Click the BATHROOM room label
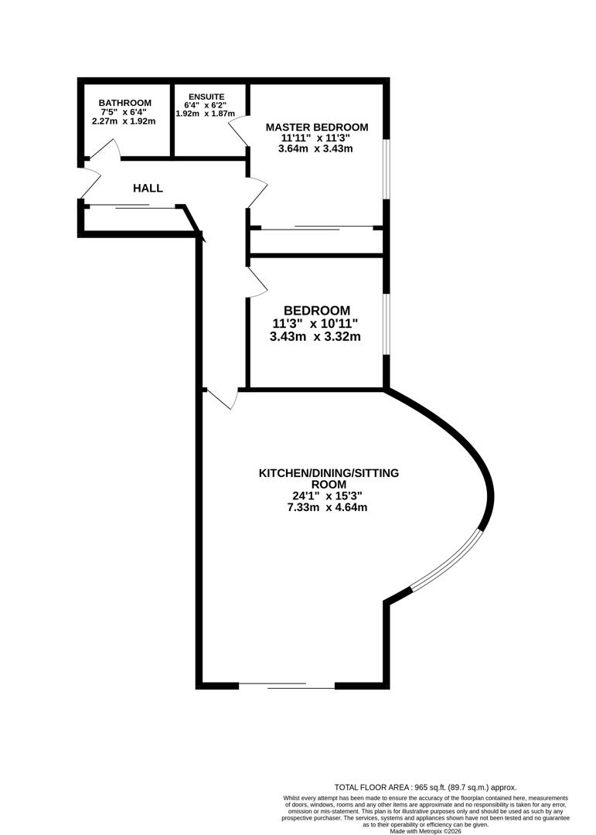point(124,103)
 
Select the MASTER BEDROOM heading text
point(317,127)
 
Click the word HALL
point(148,188)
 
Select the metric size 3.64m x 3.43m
point(315,148)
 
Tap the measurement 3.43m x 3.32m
point(315,336)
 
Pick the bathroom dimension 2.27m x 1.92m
point(124,121)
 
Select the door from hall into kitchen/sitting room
point(222,398)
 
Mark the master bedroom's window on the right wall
point(387,169)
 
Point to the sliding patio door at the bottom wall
point(286,685)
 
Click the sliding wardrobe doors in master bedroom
point(317,228)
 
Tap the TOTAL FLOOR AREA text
point(424,786)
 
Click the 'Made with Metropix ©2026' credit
point(425,830)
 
